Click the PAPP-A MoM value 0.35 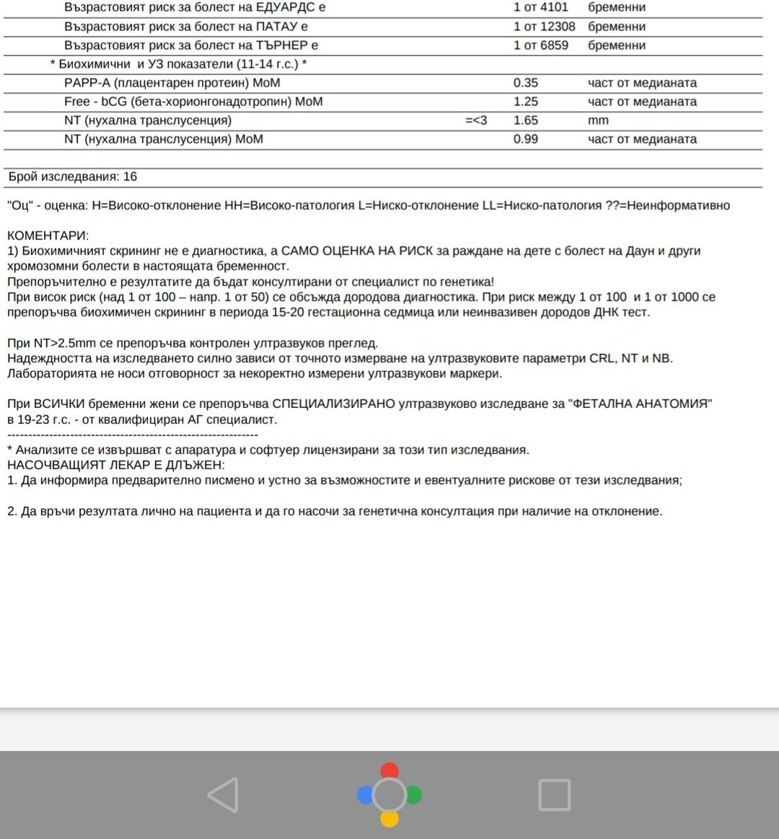pyautogui.click(x=526, y=83)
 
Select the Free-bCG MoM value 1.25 pyautogui.click(x=526, y=102)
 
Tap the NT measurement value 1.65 pyautogui.click(x=526, y=120)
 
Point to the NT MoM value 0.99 pyautogui.click(x=526, y=139)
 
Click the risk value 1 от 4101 pyautogui.click(x=541, y=7)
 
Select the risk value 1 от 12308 pyautogui.click(x=545, y=27)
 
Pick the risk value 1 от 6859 pyautogui.click(x=541, y=45)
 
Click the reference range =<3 pyautogui.click(x=476, y=120)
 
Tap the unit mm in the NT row pyautogui.click(x=598, y=120)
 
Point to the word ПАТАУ pyautogui.click(x=273, y=27)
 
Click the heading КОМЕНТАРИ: pyautogui.click(x=48, y=236)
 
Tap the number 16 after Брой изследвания pyautogui.click(x=130, y=177)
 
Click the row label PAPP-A pyautogui.click(x=87, y=83)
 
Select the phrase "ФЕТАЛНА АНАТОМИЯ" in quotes pyautogui.click(x=641, y=404)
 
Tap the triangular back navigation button pyautogui.click(x=223, y=795)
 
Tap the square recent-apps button pyautogui.click(x=555, y=795)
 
